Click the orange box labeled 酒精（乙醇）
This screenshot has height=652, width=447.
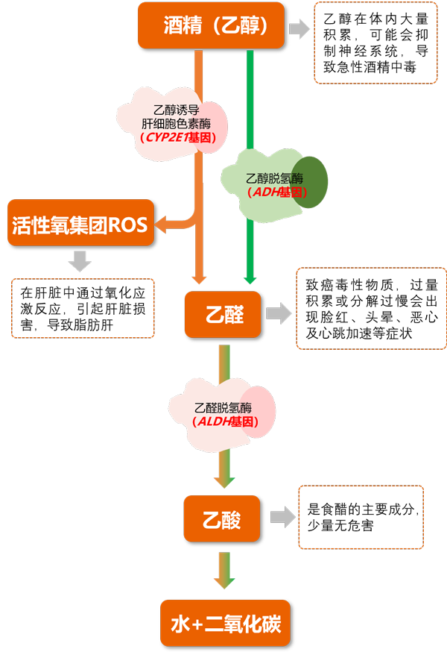(211, 26)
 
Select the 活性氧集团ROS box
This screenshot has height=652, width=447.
(81, 222)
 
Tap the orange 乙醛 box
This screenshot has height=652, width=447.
(223, 315)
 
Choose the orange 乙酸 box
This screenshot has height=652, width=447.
(222, 518)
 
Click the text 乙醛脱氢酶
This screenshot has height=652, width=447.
(223, 408)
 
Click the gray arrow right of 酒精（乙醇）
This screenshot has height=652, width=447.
(299, 29)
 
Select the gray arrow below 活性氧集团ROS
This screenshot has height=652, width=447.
(80, 261)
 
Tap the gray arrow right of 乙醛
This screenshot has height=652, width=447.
(279, 314)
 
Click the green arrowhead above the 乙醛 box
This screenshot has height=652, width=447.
(250, 279)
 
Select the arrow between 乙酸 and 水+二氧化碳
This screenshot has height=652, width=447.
(224, 571)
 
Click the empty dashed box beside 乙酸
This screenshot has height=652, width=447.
(361, 518)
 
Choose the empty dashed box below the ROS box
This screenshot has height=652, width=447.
(83, 308)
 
